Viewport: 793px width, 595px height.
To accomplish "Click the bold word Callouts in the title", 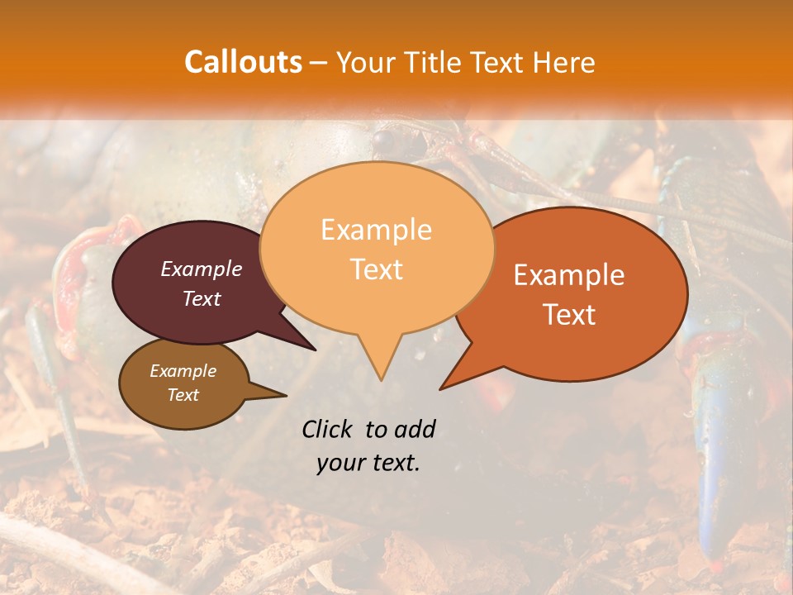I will tap(243, 62).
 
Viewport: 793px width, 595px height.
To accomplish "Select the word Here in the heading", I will tap(563, 62).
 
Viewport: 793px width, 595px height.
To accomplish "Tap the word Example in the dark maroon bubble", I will tap(202, 269).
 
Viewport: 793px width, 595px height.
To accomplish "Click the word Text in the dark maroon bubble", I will tap(202, 298).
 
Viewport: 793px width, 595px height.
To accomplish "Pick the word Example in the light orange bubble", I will tap(376, 230).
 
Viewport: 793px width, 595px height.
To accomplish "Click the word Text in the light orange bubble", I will tap(376, 269).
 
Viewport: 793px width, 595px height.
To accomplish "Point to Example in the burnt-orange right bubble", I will tap(569, 275).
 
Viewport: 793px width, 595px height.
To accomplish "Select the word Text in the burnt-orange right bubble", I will tap(569, 314).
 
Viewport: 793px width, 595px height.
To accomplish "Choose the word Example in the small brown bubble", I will tap(183, 371).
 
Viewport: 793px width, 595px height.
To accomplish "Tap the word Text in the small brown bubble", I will tap(183, 395).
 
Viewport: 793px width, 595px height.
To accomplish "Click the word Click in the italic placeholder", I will tap(328, 429).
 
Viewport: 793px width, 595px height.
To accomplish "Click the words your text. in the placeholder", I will tap(368, 463).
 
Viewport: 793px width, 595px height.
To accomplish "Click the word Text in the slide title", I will tap(505, 62).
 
